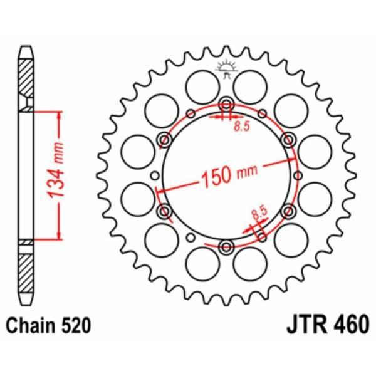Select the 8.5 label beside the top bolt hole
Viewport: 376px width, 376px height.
[x=241, y=127]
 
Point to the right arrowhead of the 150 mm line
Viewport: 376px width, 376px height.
[x=292, y=161]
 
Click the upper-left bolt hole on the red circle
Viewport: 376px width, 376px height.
[x=165, y=138]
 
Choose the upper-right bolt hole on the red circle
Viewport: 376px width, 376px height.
[x=288, y=138]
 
